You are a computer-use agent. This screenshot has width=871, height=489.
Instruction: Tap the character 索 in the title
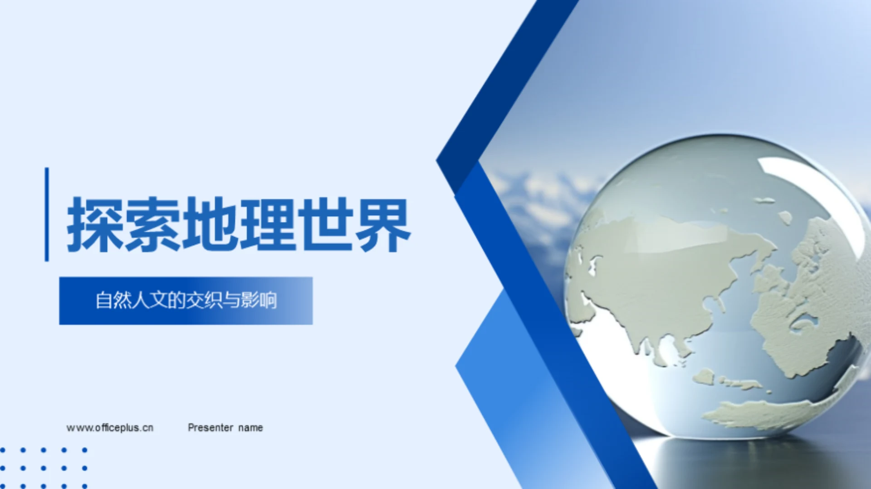coord(152,225)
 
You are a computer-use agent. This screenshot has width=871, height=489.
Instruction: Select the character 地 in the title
coord(210,225)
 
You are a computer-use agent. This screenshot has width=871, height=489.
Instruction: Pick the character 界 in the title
coord(383,225)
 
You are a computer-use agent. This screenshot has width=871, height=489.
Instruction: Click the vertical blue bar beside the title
coord(47,214)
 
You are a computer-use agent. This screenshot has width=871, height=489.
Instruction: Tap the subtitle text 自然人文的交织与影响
coord(186,300)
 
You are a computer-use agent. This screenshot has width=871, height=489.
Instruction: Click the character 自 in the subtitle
coord(104,300)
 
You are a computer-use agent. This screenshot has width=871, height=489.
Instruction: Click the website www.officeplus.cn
coord(110,428)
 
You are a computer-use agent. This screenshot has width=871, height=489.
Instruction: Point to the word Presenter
coord(210,428)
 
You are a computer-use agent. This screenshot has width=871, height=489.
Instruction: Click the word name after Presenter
coord(250,428)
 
